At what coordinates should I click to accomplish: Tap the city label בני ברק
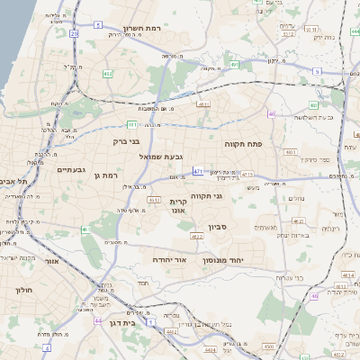click(127, 141)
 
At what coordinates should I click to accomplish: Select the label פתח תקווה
click(242, 142)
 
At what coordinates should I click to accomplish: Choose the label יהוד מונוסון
click(228, 258)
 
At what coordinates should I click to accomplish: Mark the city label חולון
click(23, 290)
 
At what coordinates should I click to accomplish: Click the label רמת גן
click(103, 175)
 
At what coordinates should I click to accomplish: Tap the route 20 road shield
click(74, 33)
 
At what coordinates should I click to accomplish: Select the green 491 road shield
click(132, 124)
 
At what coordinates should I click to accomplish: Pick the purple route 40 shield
click(271, 114)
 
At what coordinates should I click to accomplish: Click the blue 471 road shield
click(197, 170)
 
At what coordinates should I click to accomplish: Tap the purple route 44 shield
click(97, 319)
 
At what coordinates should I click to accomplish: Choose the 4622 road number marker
click(196, 237)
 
